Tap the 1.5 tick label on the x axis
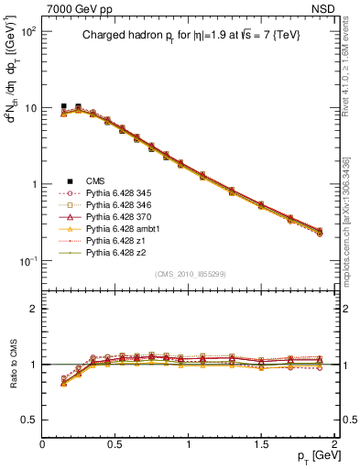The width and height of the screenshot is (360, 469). tap(262, 442)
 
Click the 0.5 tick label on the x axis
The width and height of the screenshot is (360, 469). tap(115, 442)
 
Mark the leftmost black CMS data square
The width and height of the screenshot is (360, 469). tap(64, 106)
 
